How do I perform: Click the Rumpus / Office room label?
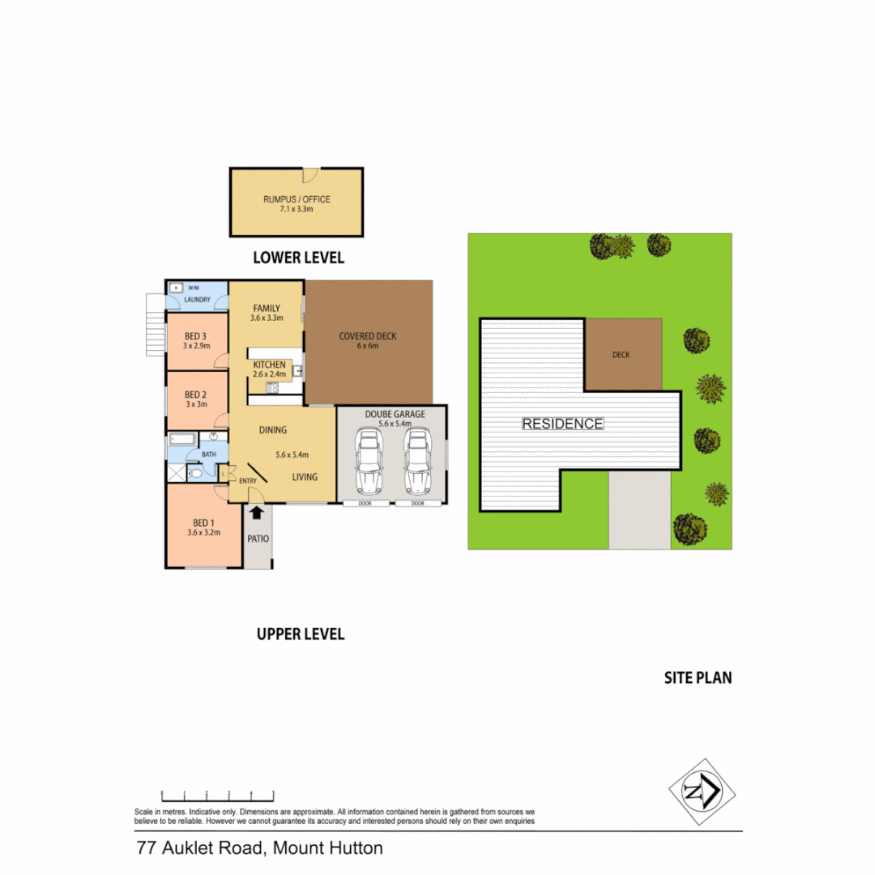coord(297,199)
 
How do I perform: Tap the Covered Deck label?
coord(368,336)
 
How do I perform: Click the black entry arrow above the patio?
coord(257,512)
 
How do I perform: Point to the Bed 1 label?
coord(203,523)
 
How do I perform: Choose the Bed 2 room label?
coord(195,396)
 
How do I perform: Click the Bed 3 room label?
coord(195,336)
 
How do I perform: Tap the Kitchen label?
coord(269,365)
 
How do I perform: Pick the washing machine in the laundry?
coord(176,288)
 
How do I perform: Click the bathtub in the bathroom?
coord(182,440)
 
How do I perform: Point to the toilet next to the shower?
coord(194,474)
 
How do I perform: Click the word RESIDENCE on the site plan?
coord(562,424)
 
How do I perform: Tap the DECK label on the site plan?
coord(621,355)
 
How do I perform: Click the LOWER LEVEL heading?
coord(298,258)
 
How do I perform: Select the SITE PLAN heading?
coord(698,677)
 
